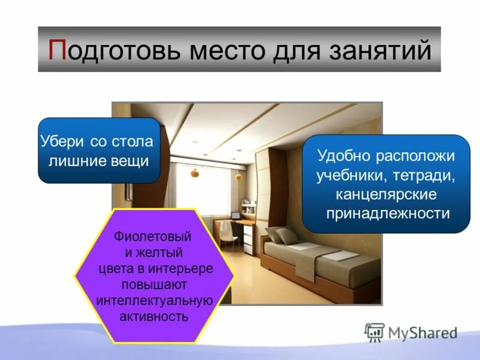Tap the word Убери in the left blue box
(63, 143)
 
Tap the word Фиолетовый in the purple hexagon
(152, 235)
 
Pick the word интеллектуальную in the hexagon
(152, 300)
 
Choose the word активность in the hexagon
(152, 316)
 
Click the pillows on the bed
(283, 235)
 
